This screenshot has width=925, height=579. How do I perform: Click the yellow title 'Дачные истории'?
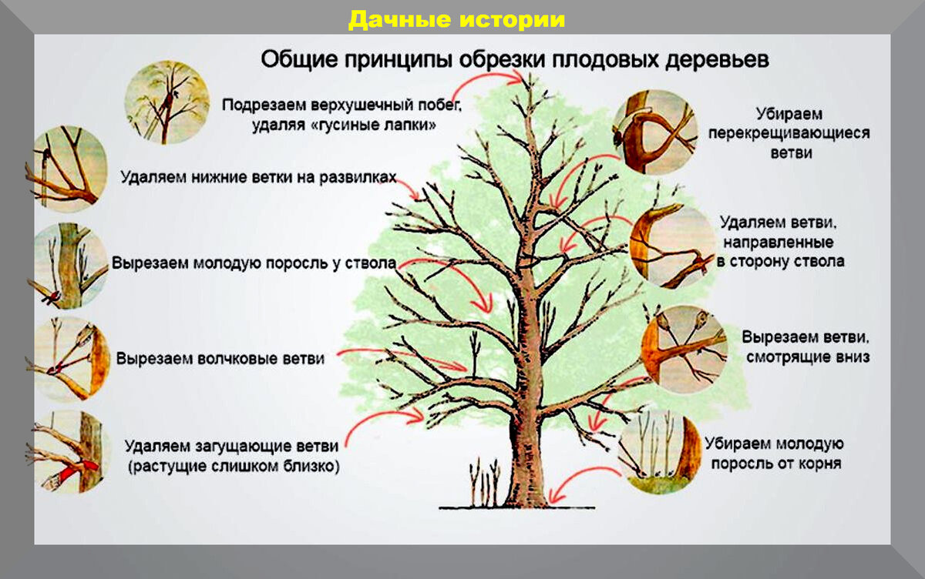tap(456, 19)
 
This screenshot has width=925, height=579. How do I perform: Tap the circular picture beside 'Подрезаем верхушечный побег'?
tap(167, 102)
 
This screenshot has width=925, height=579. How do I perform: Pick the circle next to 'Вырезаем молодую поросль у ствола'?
tap(68, 266)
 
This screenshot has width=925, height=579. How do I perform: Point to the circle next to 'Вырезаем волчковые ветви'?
tap(68, 360)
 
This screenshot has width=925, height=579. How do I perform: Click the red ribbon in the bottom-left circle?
tap(79, 470)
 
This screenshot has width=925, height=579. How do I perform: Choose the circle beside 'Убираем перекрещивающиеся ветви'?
tap(655, 132)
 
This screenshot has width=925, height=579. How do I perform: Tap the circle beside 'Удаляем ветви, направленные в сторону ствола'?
tap(673, 246)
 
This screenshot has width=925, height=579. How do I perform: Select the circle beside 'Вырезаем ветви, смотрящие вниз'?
tap(684, 349)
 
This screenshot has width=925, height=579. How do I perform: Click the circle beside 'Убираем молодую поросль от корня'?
tap(660, 453)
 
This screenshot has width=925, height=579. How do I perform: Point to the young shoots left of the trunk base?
tap(485, 483)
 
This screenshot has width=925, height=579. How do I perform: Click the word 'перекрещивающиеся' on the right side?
tap(789, 133)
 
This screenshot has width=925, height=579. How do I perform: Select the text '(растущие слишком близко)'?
tap(234, 467)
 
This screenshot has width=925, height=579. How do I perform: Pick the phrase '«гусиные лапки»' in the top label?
tap(372, 125)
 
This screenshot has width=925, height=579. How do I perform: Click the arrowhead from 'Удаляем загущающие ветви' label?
tap(417, 416)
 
